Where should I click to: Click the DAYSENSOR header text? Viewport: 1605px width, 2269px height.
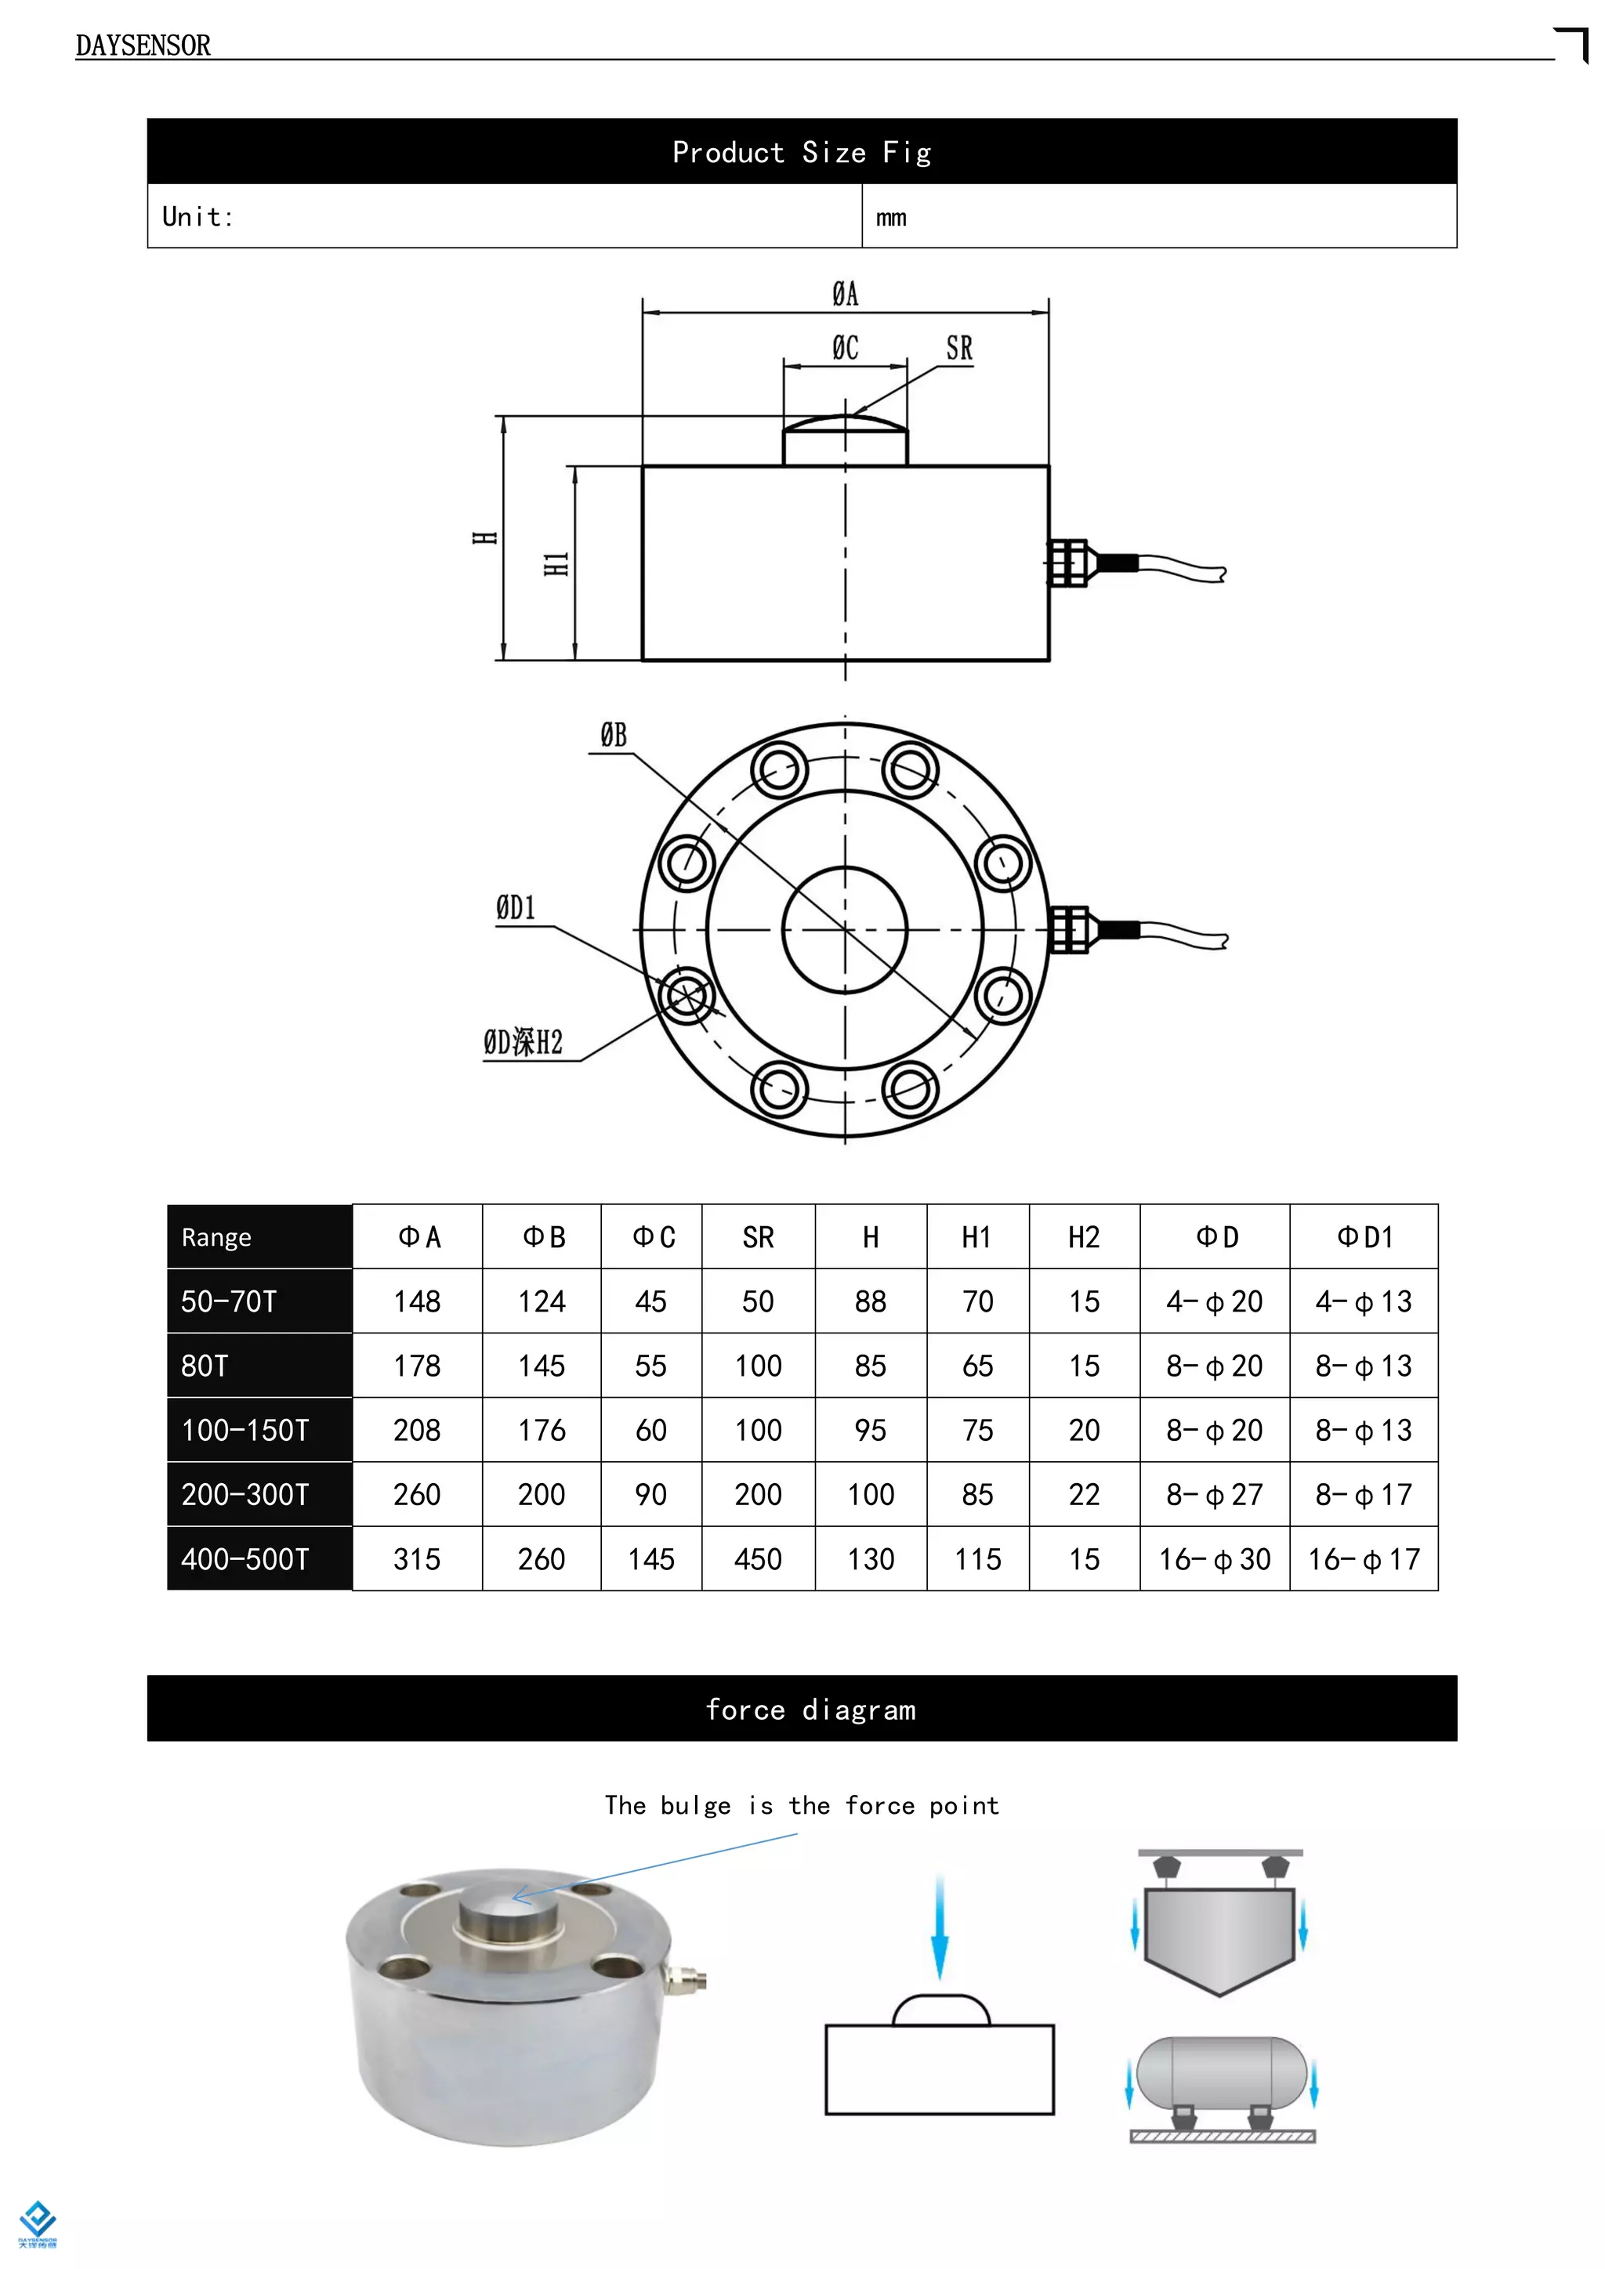(x=143, y=45)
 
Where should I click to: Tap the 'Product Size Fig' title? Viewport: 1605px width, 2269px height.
(x=802, y=152)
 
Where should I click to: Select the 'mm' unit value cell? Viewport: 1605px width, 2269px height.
(x=890, y=217)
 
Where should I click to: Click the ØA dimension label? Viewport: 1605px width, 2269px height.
(x=845, y=294)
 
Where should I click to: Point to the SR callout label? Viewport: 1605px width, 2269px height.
(x=958, y=348)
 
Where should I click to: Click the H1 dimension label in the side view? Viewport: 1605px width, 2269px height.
(x=556, y=564)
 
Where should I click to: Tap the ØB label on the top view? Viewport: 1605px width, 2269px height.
(x=613, y=735)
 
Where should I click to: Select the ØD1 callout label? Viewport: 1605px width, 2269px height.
(x=515, y=907)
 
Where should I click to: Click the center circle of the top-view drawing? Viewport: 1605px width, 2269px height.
(x=845, y=929)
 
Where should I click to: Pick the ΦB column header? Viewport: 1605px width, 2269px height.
(x=542, y=1237)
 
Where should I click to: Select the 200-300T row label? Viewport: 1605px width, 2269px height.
(x=245, y=1494)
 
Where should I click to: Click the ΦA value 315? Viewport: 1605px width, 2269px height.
(x=417, y=1559)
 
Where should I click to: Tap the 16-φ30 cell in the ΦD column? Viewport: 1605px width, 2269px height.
(x=1215, y=1559)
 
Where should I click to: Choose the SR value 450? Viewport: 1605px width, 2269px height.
(x=758, y=1559)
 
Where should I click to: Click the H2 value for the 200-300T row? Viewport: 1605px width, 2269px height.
(x=1084, y=1494)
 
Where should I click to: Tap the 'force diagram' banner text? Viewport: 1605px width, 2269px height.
(x=810, y=1710)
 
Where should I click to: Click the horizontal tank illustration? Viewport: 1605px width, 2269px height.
(x=1222, y=2073)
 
